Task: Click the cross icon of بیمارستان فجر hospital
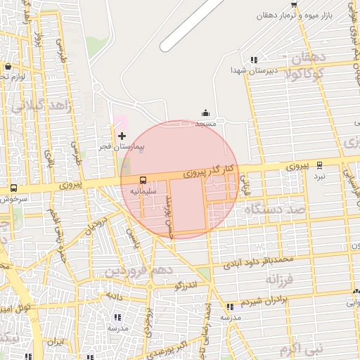click(122, 135)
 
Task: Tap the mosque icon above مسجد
click(205, 112)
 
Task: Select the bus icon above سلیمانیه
click(143, 180)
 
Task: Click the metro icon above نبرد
click(321, 165)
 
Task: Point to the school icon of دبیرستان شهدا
click(254, 60)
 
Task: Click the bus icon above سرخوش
click(14, 188)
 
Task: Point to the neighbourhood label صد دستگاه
click(275, 210)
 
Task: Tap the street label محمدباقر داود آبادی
click(258, 263)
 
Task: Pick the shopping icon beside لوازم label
click(8, 66)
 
